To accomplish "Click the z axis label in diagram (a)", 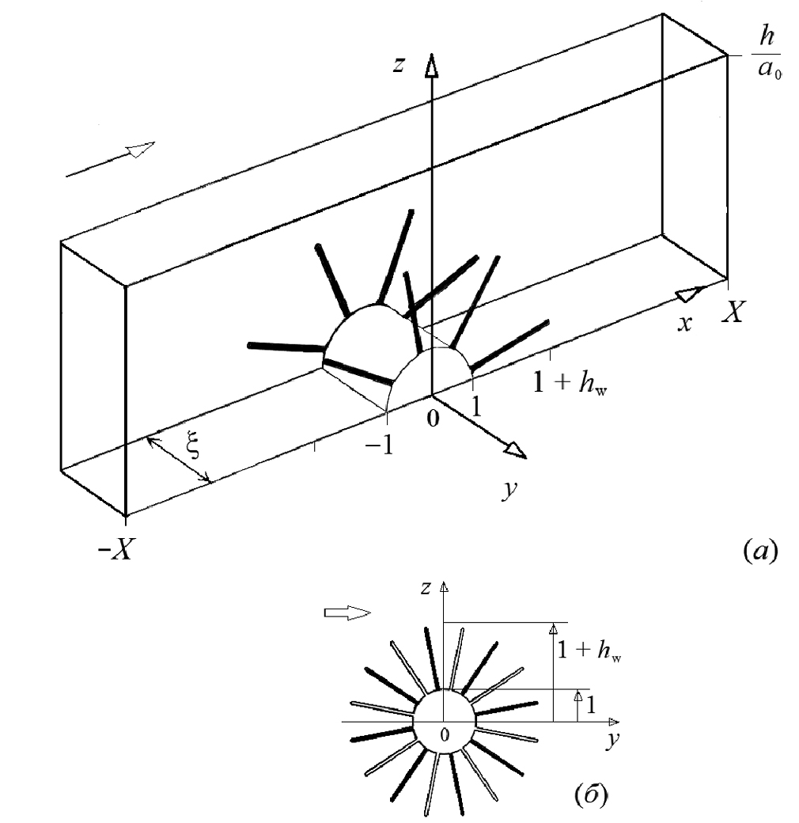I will (x=402, y=65).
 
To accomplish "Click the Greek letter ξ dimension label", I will (x=193, y=449).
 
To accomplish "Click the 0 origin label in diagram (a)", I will (x=432, y=419).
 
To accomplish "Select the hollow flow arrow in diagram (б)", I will (x=347, y=613).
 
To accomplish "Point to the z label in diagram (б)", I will (x=426, y=588).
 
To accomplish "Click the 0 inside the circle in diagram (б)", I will (x=444, y=735).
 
